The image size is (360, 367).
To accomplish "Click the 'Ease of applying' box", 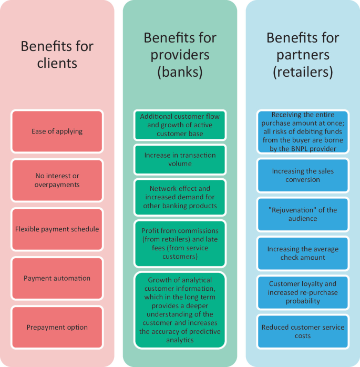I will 57,131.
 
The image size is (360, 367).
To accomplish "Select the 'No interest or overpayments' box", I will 57,180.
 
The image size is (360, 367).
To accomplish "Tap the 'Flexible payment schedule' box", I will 57,229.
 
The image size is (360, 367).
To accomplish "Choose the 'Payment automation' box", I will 57,278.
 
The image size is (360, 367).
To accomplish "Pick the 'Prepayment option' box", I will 57,327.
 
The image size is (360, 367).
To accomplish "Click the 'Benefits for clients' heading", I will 57,55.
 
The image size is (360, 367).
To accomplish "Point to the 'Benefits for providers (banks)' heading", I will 180,55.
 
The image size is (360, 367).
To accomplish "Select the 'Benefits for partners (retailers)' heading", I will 303,55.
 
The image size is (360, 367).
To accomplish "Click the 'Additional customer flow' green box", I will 180,125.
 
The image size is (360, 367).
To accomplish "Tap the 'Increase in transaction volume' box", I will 180,159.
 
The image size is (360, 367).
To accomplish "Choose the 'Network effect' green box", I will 180,197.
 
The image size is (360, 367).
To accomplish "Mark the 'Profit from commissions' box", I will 180,243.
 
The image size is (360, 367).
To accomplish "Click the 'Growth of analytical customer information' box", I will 180,310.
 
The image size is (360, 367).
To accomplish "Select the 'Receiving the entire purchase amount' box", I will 303,131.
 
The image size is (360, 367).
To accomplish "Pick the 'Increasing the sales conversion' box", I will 303,175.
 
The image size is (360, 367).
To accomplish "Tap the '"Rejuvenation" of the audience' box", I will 303,214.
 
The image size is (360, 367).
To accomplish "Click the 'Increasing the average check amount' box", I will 303,253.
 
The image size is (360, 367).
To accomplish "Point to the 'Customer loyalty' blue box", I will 303,292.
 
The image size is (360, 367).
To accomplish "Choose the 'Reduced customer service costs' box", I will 303,331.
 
